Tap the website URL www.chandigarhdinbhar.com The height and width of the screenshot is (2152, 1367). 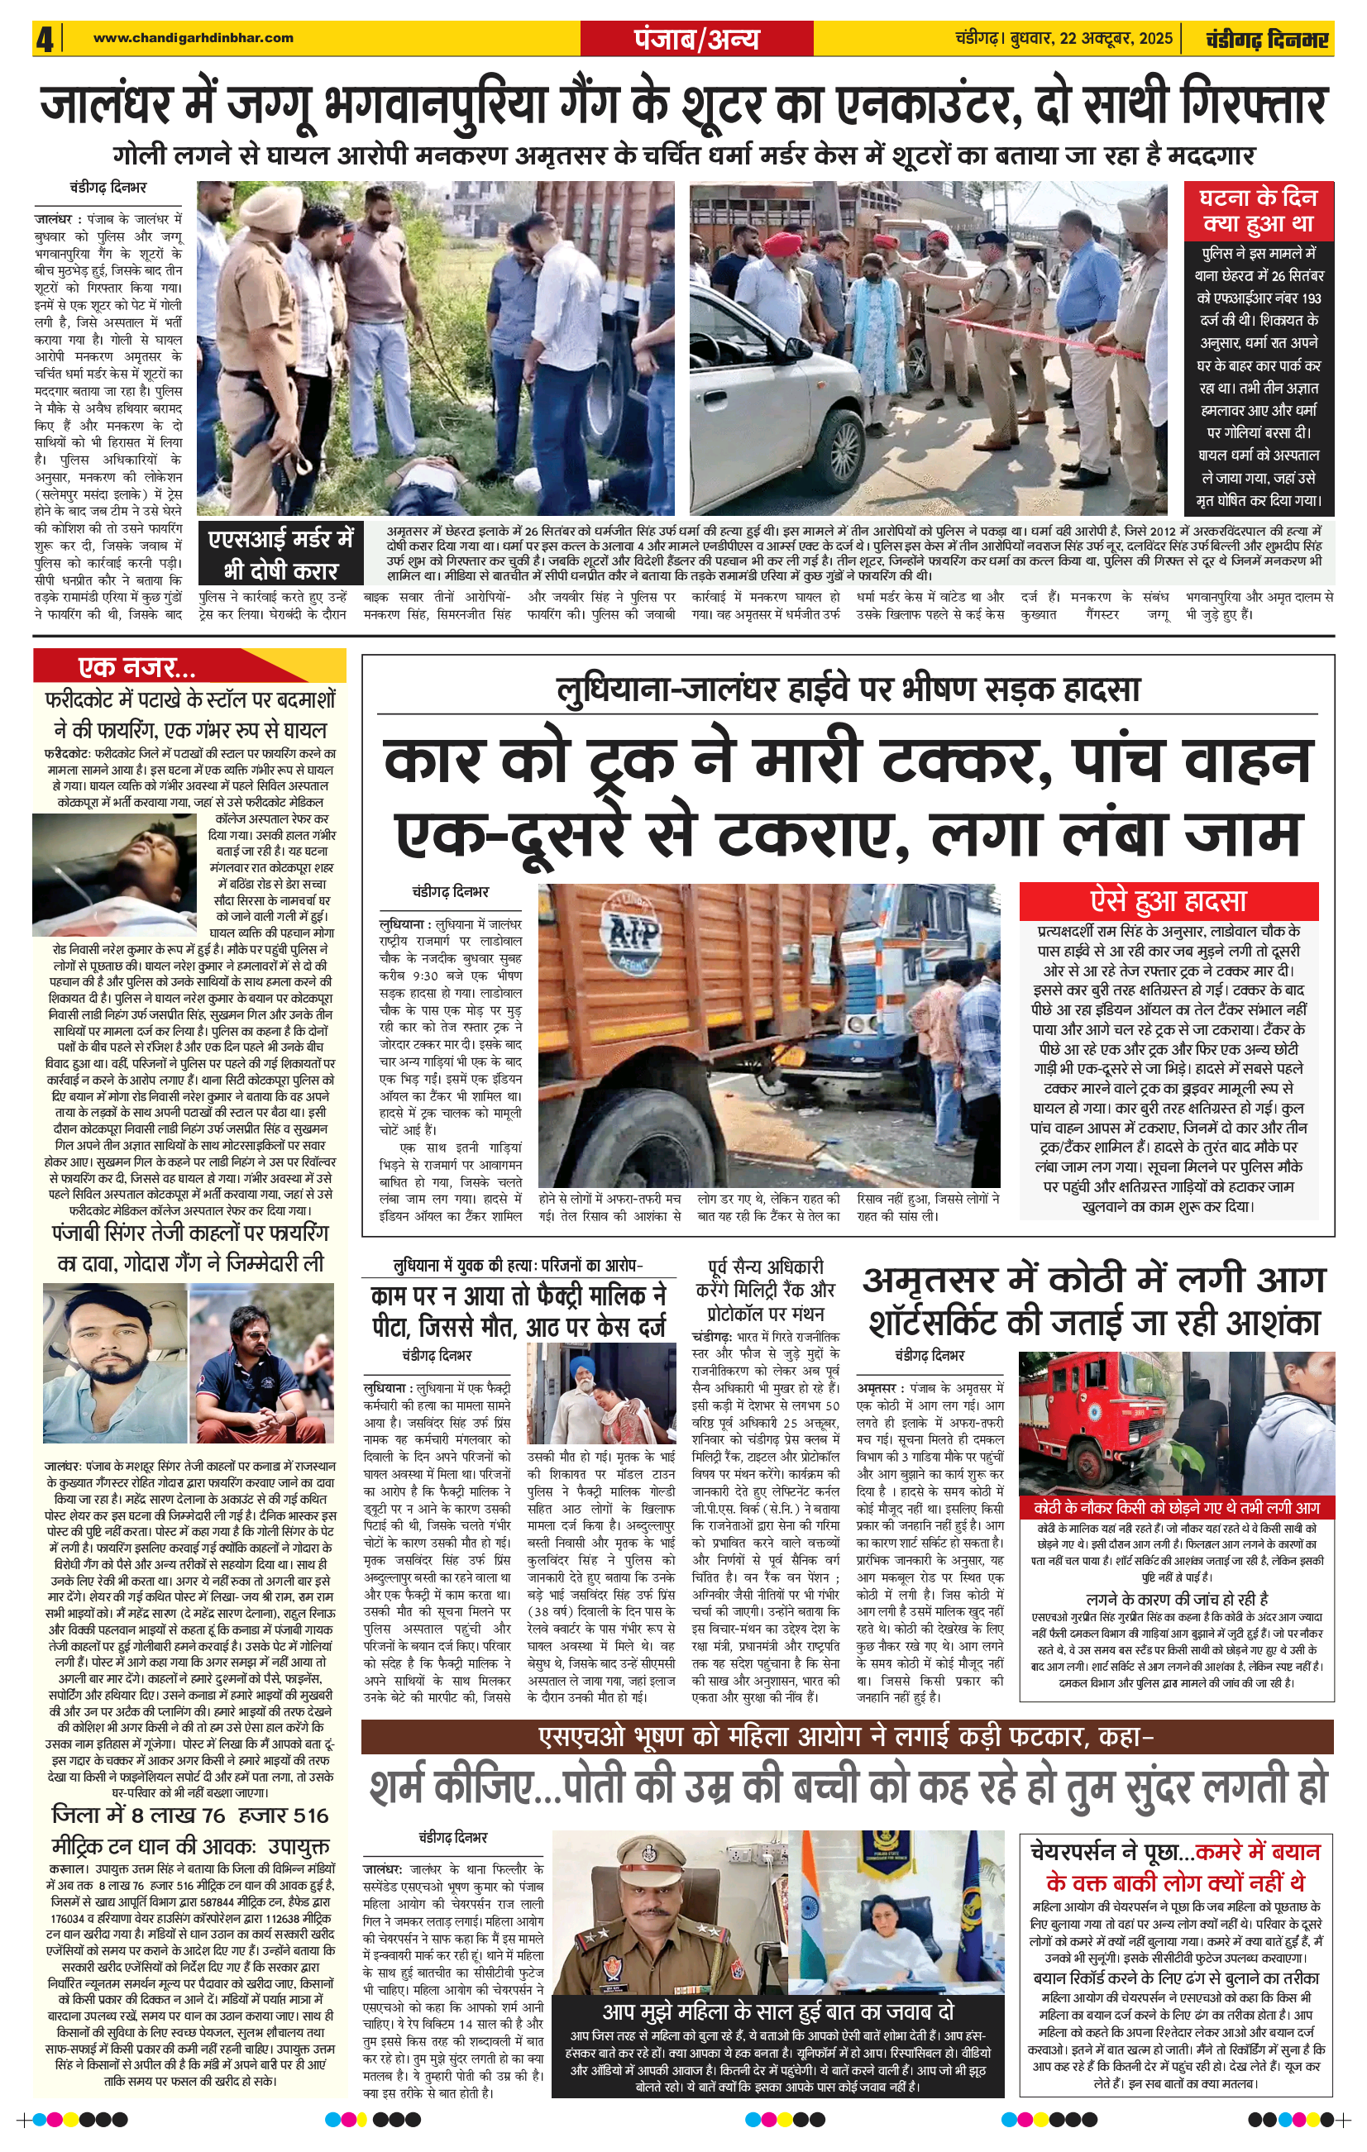click(x=194, y=37)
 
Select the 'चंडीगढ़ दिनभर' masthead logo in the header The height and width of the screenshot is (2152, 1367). click(x=1266, y=40)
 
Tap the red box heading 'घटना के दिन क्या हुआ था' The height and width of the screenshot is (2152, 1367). click(x=1257, y=210)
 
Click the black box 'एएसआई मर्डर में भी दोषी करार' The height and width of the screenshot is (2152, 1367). click(x=280, y=553)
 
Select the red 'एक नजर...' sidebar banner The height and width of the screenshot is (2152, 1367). click(x=136, y=666)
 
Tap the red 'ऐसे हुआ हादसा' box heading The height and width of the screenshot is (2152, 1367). click(x=1168, y=900)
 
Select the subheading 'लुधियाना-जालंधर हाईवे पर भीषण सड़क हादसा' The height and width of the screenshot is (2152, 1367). click(x=848, y=691)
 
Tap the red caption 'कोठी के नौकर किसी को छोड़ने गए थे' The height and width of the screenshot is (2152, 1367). click(x=1177, y=1507)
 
